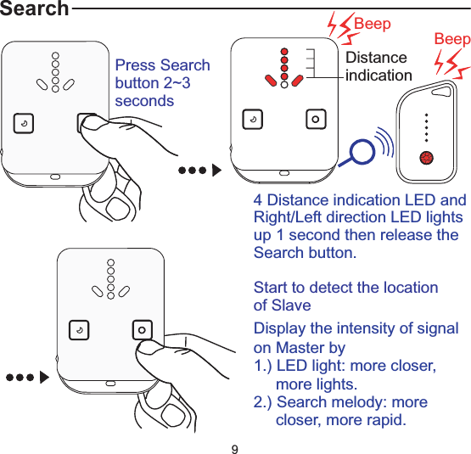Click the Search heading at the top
pos(35,9)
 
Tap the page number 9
pos(235,446)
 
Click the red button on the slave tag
pos(427,157)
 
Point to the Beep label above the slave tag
pos(451,40)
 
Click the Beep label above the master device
pos(373,24)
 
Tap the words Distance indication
pos(378,66)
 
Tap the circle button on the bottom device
pos(142,328)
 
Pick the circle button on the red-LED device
pos(315,119)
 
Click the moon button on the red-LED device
pos(252,119)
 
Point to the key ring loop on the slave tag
pos(443,88)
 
